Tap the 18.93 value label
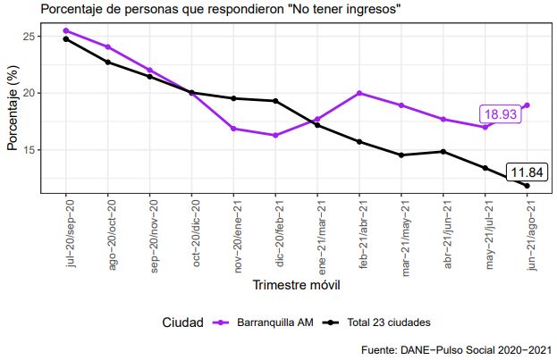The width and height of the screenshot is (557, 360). (x=499, y=114)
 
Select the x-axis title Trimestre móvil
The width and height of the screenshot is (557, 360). (x=296, y=285)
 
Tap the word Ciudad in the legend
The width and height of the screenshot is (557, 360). (x=184, y=322)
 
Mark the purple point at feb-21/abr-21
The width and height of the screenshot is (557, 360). (x=359, y=93)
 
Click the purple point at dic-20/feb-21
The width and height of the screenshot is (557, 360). (x=275, y=136)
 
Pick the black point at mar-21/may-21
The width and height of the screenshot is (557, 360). (x=401, y=155)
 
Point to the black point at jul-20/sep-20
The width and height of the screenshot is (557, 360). (x=66, y=38)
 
